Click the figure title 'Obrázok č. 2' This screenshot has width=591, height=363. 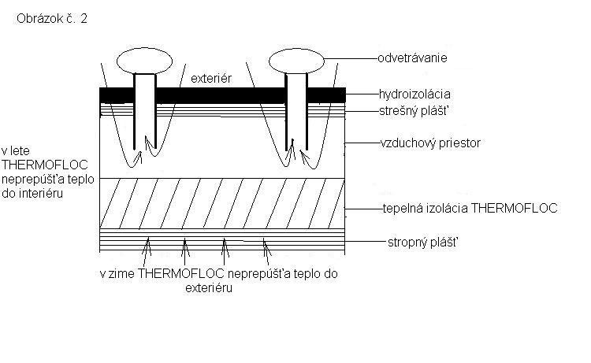pos(52,18)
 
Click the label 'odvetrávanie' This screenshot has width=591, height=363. pos(412,58)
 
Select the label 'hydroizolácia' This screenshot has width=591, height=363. pos(414,94)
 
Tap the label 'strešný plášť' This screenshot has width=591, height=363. pos(414,111)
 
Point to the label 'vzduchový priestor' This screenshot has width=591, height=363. pos(430,143)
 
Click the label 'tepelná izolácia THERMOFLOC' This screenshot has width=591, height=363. pos(470,208)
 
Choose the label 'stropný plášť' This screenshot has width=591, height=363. pos(423,242)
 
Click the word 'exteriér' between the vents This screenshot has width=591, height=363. pos(211,78)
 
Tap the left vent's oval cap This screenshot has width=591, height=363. pos(144,61)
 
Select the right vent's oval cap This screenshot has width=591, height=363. pos(296,61)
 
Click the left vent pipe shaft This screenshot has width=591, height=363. pos(145,111)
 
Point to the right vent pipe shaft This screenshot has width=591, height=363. pos(296,112)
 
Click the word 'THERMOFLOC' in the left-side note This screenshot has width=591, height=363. pos(45,165)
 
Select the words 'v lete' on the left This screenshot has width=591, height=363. pos(16,151)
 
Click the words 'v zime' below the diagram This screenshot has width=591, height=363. pos(117,273)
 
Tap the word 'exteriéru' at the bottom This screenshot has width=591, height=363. pos(209,288)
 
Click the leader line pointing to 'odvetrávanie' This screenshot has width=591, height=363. pos(351,59)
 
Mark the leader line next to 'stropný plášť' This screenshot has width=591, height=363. pos(365,242)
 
